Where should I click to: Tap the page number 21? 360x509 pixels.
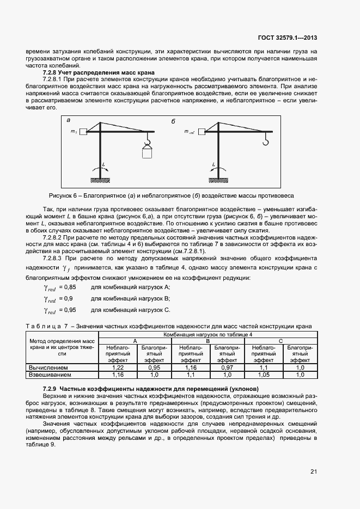coord(314,471)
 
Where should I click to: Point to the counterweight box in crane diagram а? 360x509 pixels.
coord(83,131)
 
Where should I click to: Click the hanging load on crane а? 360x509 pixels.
coord(146,152)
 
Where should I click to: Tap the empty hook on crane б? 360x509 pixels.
coord(266,143)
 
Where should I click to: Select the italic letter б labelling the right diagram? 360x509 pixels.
coord(173,121)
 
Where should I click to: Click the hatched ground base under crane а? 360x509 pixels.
coord(99,181)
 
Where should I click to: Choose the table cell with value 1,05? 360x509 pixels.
coord(264,375)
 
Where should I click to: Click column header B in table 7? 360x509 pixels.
coord(208,340)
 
